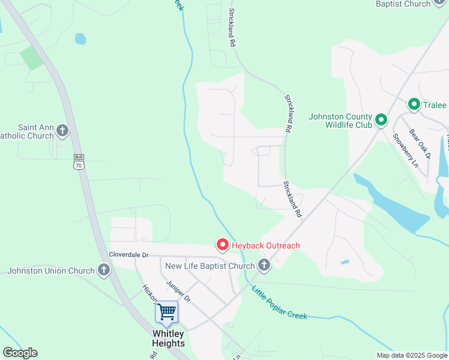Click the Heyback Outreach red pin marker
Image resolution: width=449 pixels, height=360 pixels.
[222, 245]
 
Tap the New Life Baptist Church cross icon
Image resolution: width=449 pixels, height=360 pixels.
[263, 265]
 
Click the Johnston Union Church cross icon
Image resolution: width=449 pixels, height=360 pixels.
[104, 271]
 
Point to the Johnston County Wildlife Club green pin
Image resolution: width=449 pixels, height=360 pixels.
[381, 121]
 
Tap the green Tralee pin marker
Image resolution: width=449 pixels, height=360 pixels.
[414, 105]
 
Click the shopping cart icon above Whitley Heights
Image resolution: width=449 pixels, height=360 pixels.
[166, 312]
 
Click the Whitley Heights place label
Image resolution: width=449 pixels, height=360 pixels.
[168, 338]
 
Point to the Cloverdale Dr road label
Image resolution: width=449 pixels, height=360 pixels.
[128, 254]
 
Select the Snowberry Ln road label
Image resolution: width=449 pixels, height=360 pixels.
[405, 149]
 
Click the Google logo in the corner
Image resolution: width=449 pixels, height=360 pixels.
[20, 353]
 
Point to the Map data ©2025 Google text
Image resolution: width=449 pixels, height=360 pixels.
[412, 355]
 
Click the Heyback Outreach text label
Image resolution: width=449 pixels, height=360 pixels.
[267, 245]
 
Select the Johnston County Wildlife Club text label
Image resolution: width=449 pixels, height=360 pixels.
[340, 121]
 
